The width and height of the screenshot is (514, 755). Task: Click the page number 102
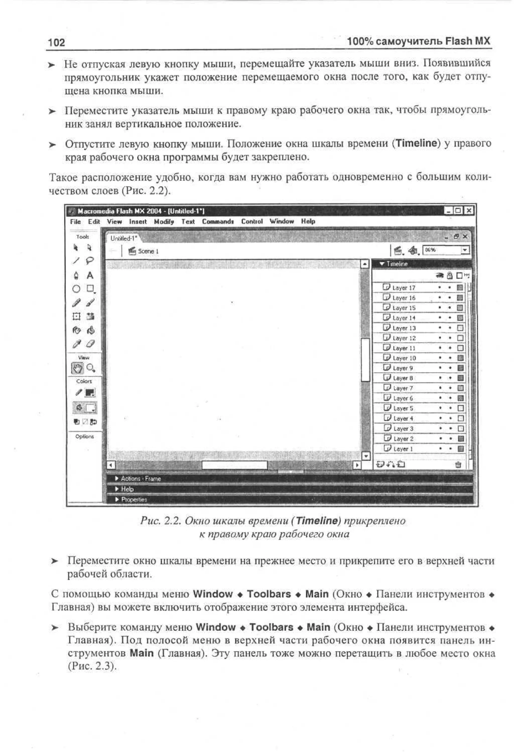tap(56, 42)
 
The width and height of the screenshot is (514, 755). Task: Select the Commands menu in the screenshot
tap(218, 221)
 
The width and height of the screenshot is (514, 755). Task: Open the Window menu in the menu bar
tap(282, 221)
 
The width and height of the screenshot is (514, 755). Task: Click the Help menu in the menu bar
tap(308, 221)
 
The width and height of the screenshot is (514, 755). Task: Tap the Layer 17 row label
tap(404, 288)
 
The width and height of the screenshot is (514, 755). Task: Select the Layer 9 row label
tap(403, 368)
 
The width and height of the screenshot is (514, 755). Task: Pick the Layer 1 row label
tap(403, 449)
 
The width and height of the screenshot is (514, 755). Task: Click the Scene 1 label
tap(148, 251)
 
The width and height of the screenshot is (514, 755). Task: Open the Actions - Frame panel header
tap(141, 479)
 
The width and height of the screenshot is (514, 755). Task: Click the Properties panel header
tap(134, 499)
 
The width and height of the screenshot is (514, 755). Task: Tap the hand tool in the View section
tap(77, 368)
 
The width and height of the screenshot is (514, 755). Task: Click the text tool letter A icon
tap(90, 275)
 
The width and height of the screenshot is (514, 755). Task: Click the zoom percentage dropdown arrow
tap(465, 250)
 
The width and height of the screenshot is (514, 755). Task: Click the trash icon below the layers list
tap(458, 464)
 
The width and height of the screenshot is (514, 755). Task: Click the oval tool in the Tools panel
tap(76, 289)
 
